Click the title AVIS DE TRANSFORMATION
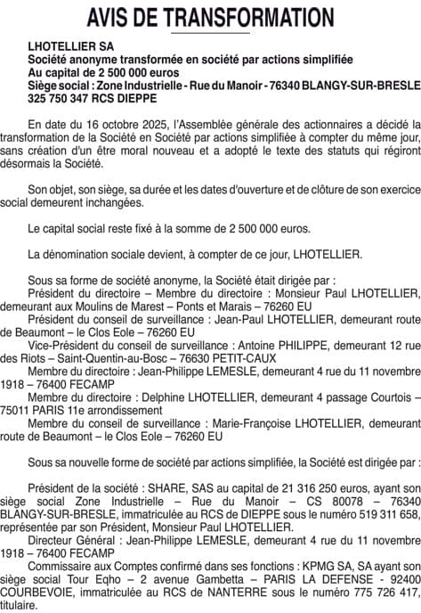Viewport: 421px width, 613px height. click(210, 18)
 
